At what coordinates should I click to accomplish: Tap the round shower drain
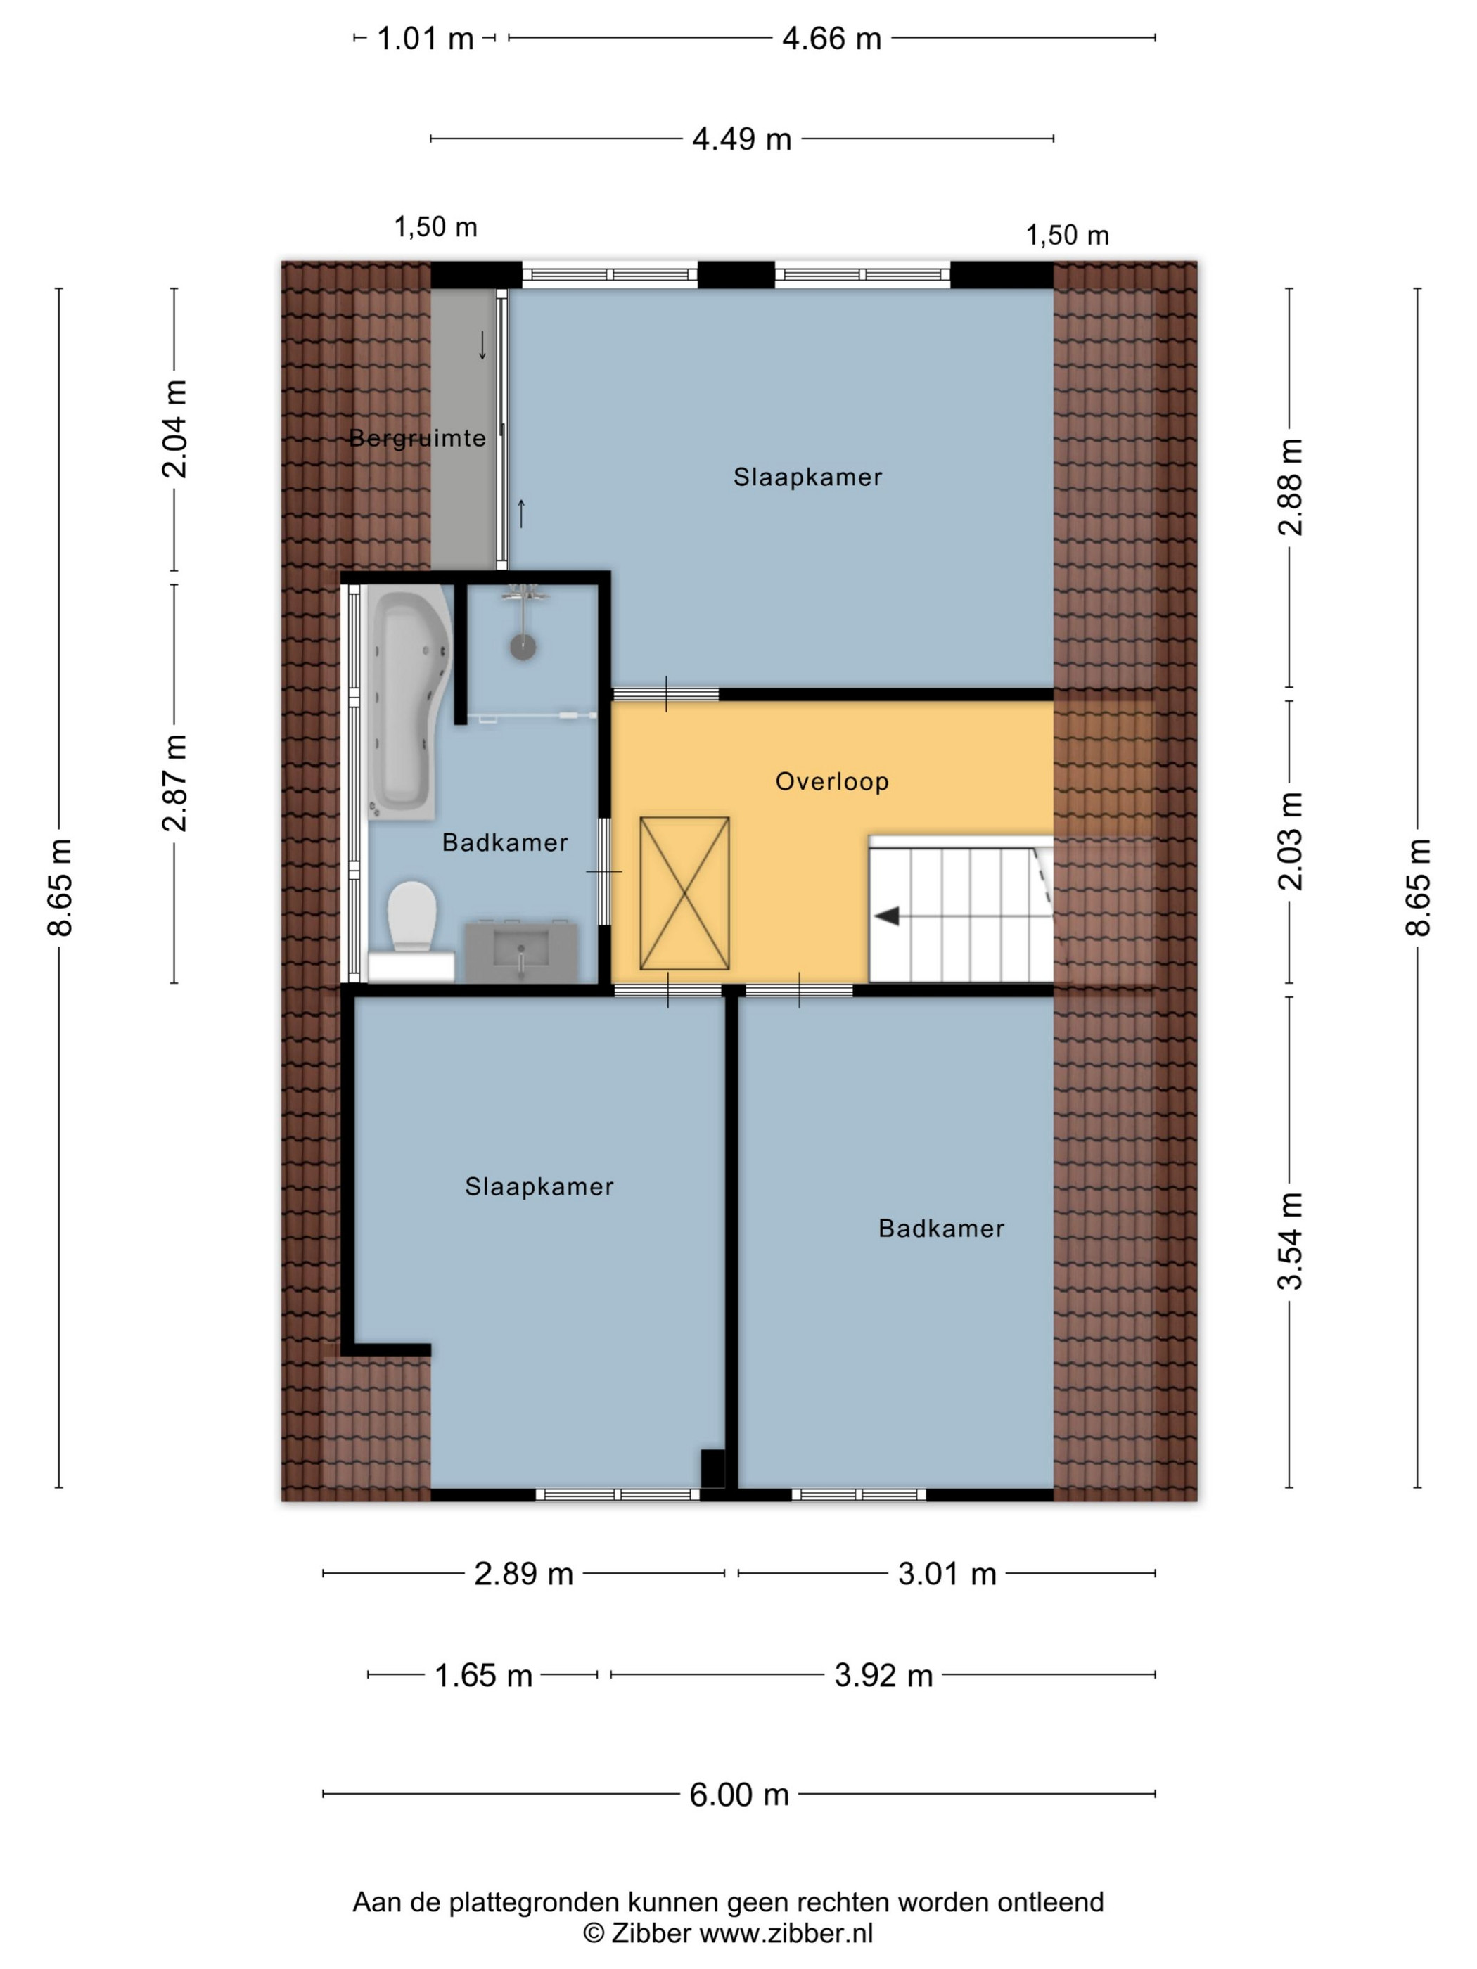click(x=523, y=646)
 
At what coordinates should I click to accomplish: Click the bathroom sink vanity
click(x=521, y=951)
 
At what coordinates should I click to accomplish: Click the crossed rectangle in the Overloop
click(x=684, y=893)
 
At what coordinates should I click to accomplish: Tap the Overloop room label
click(x=831, y=781)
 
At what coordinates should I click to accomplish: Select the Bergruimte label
click(x=416, y=438)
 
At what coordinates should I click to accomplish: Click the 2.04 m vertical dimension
click(x=174, y=429)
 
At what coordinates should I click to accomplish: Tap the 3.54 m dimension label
click(x=1290, y=1241)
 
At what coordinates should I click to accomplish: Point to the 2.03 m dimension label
click(x=1290, y=841)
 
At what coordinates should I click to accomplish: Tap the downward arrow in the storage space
click(x=482, y=345)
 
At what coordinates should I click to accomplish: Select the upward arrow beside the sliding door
click(x=522, y=513)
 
